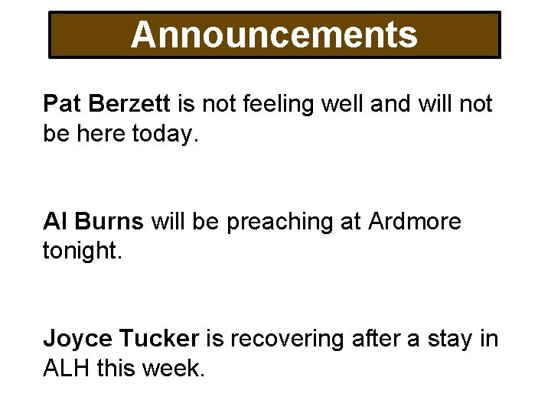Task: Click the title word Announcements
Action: tap(274, 34)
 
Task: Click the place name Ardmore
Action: tap(415, 222)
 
